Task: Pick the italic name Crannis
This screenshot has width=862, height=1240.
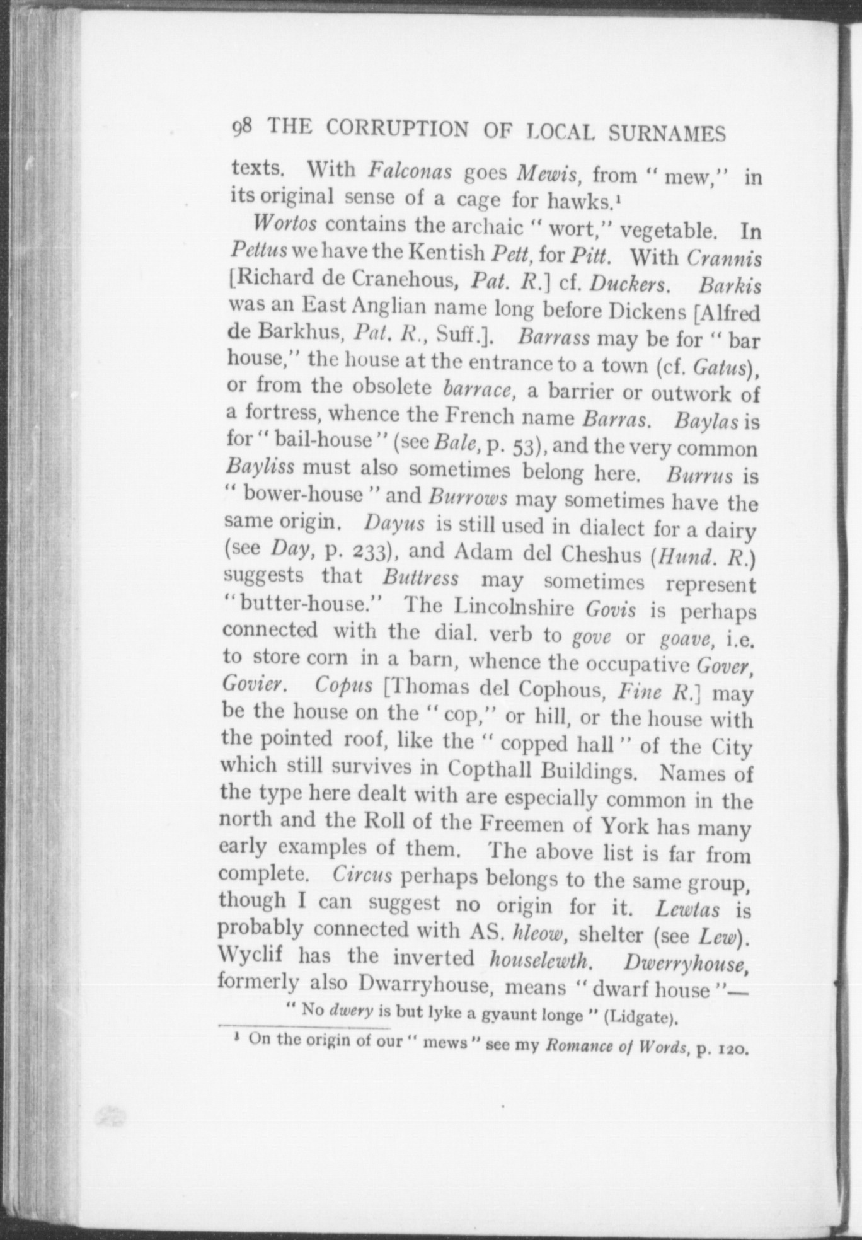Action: point(724,258)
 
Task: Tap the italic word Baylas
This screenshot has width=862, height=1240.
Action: point(706,421)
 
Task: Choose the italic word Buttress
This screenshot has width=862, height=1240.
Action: point(420,578)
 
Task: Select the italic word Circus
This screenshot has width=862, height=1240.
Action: point(362,876)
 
